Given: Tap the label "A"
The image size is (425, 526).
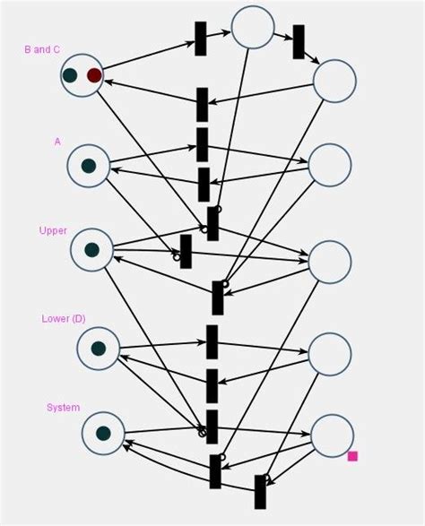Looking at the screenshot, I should coord(57,142).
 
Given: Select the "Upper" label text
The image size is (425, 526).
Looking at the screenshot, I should coord(53,230).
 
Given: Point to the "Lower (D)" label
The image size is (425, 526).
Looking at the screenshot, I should coord(64,319).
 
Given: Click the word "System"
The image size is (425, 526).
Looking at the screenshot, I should coord(63,408).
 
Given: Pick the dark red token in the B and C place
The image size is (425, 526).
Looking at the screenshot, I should coord(94,75).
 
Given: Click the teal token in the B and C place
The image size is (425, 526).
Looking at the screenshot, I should coord(70,75).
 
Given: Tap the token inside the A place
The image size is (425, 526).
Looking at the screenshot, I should coord(88,166).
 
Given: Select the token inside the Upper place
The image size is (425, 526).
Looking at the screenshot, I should coord(91,250).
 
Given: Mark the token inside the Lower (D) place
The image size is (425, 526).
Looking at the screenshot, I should coord(98,349).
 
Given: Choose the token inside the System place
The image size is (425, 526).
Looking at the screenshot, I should coord(103,433).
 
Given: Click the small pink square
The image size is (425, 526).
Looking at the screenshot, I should coord(352,456).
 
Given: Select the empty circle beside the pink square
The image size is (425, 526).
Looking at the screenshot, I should coord(332,435).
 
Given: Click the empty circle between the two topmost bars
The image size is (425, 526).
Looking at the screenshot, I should coord(253,27).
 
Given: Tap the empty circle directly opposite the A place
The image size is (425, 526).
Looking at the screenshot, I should coord(330,165).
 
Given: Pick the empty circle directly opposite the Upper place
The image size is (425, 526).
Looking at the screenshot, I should coord(330,260).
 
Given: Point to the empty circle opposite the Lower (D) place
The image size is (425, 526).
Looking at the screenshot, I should coord(330,354).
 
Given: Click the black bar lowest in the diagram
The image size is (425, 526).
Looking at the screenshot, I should coord(260,491).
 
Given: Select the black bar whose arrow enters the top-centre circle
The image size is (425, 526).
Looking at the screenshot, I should coord(201,39).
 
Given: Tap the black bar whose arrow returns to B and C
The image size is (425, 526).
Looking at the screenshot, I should coord(203,104).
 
